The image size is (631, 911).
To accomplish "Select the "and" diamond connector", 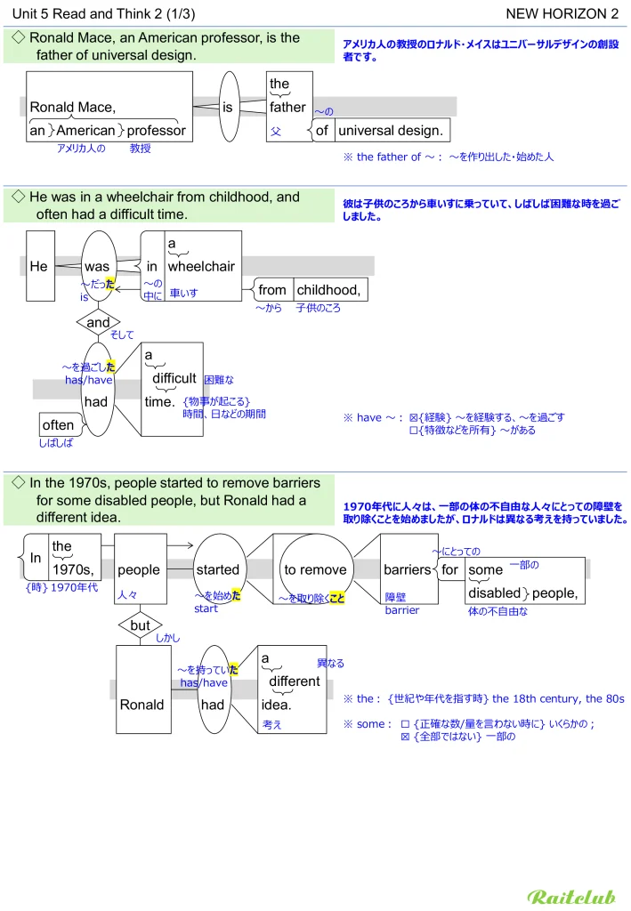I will tap(98, 322).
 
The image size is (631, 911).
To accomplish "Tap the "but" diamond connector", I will tap(140, 625).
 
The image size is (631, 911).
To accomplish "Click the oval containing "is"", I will tap(228, 108).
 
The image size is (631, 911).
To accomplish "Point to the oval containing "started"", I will tap(218, 570).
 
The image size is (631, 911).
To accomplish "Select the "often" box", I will tap(59, 425).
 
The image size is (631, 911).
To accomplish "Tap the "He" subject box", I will tap(39, 266).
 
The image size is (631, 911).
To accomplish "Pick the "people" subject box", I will tap(139, 570).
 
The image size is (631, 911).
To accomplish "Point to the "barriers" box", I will tap(407, 570).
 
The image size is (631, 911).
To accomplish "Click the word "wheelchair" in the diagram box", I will tap(201, 266).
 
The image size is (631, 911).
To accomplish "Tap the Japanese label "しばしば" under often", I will tap(55, 442).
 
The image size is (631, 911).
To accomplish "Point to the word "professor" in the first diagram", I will tap(157, 131).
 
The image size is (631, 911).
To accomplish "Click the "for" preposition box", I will tap(450, 570).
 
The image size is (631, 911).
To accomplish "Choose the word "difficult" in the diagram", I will tap(174, 378).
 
